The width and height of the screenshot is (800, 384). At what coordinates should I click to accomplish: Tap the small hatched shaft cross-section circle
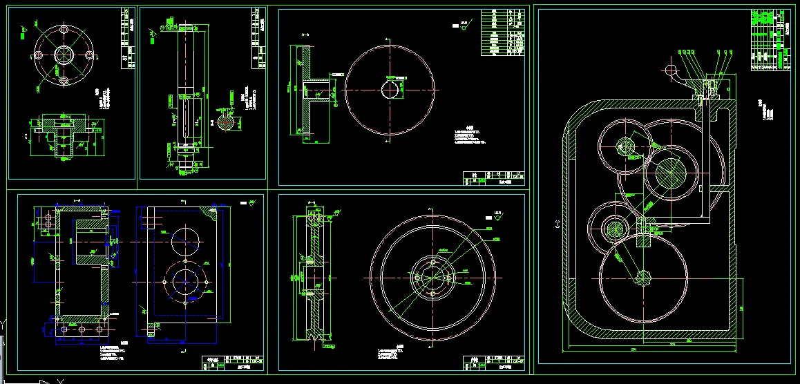pos(226,120)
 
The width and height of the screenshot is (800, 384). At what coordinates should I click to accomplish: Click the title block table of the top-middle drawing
pos(493,178)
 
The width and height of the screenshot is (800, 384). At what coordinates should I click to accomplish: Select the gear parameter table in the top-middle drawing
pos(503,32)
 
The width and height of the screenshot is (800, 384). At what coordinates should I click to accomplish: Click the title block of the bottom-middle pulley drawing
pos(493,363)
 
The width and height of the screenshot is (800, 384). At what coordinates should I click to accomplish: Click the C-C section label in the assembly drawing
pos(558,223)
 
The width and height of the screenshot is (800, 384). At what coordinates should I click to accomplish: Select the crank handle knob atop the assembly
pos(669,69)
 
